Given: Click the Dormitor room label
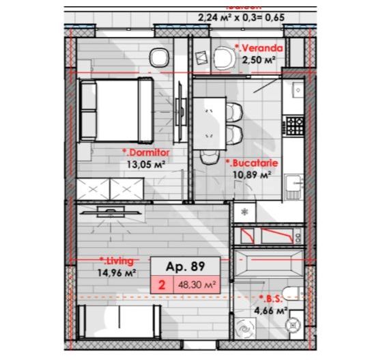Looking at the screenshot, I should click(145, 153).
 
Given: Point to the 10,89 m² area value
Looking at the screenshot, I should click(252, 175).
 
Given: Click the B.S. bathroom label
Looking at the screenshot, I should click(271, 299).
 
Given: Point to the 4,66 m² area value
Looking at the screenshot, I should click(272, 311).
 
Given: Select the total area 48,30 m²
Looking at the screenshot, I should click(197, 286).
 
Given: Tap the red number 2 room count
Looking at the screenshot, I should click(162, 286).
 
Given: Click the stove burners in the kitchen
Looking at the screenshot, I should click(295, 124).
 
